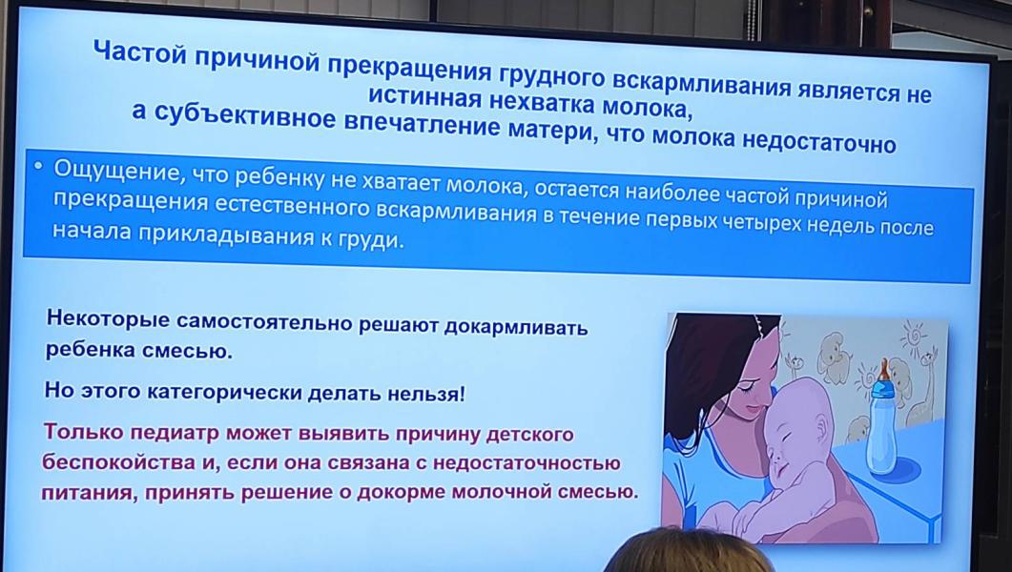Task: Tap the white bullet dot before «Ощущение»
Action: pyautogui.click(x=39, y=167)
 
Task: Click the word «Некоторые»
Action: pyautogui.click(x=108, y=320)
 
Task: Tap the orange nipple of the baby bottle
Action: pyautogui.click(x=883, y=371)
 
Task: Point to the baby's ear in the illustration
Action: pyautogui.click(x=820, y=426)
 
